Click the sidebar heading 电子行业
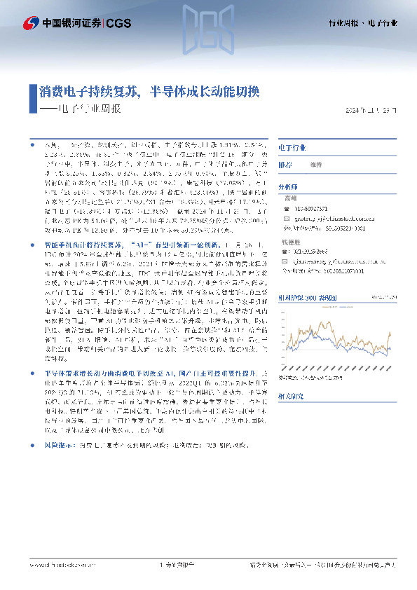point(292,149)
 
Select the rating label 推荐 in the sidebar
point(285,165)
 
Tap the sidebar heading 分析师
point(288,188)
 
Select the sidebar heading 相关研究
point(291,396)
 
